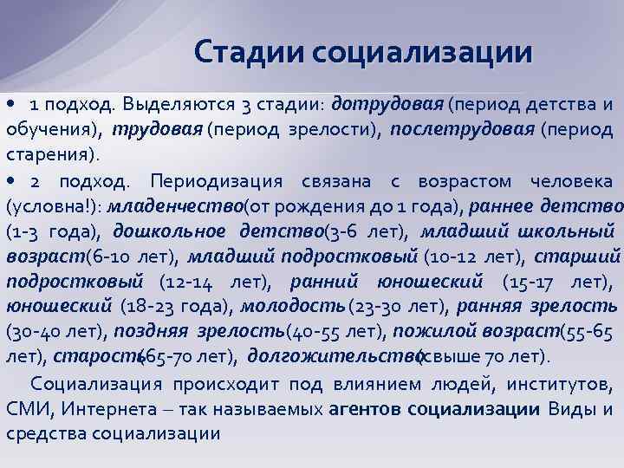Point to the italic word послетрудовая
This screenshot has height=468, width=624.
462,130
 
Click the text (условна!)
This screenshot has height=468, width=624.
54,207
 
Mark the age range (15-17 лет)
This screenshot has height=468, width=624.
561,282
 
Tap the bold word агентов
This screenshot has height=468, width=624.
365,408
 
